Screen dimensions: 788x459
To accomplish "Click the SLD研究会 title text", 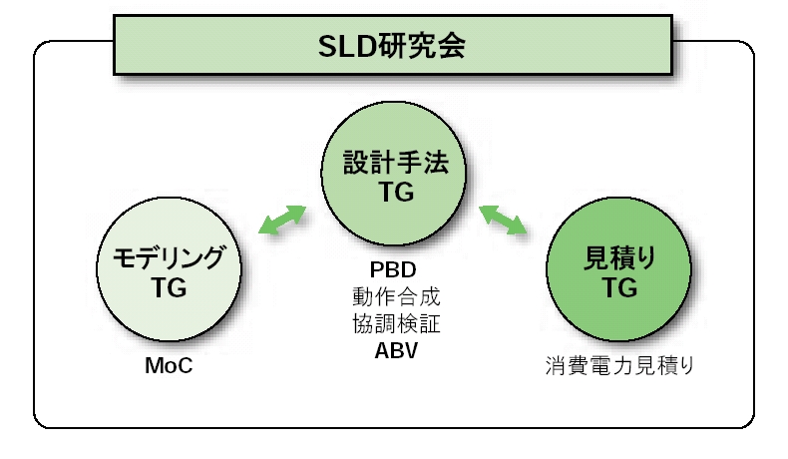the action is tap(391, 46).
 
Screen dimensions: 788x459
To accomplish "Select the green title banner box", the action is tap(393, 45).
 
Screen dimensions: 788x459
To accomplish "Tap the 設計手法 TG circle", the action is tap(393, 174).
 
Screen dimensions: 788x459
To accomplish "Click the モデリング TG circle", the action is tap(169, 269).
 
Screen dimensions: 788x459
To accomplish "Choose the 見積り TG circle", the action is tap(618, 269).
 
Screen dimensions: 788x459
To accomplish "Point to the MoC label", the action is tap(169, 365).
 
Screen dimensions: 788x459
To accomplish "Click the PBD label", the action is tap(393, 270).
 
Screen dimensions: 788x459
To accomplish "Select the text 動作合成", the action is tap(396, 296).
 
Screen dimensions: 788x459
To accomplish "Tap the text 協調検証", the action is tap(396, 323).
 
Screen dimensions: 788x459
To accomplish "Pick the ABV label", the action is tap(396, 351).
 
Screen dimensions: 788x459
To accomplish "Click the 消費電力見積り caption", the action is tap(619, 365).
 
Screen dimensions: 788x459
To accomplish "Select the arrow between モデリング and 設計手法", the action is tap(282, 220).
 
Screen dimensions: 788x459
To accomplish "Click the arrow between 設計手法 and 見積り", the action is tap(503, 220).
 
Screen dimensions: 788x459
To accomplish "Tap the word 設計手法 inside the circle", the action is tap(396, 163).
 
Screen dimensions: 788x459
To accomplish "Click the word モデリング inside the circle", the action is tap(169, 257).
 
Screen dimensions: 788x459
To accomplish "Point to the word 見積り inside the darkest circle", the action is tap(619, 258).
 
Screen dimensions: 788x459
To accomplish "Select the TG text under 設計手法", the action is tap(396, 192).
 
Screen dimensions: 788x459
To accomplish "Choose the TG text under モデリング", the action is tap(169, 287).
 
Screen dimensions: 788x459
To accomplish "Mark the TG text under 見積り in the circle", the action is tap(619, 287).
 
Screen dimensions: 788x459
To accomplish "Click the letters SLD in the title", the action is tap(347, 47).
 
